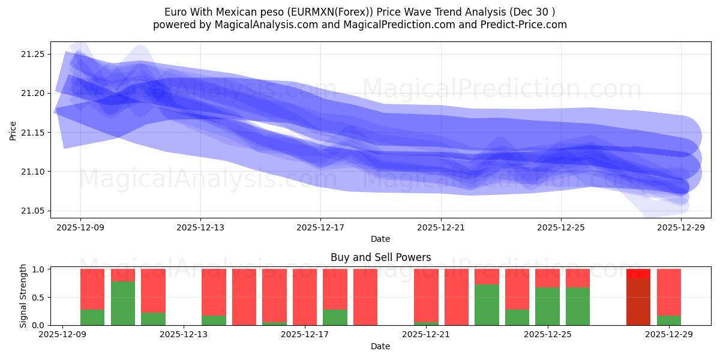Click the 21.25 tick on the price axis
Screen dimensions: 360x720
pyautogui.click(x=35, y=54)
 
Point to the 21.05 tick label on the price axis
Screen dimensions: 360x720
pyautogui.click(x=35, y=211)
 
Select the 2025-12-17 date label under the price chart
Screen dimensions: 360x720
pyautogui.click(x=320, y=227)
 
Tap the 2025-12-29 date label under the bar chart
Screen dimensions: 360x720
pyautogui.click(x=669, y=335)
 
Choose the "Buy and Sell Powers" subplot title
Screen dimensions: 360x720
pyautogui.click(x=380, y=257)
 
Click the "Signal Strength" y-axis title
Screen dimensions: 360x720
pyautogui.click(x=23, y=296)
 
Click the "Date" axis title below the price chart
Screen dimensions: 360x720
pyautogui.click(x=380, y=239)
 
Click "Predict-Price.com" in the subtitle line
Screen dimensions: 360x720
pyautogui.click(x=518, y=25)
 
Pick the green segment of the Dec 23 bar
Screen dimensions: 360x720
pyautogui.click(x=487, y=304)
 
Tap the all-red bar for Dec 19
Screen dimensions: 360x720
pyautogui.click(x=365, y=297)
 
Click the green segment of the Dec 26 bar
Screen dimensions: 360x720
pyautogui.click(x=578, y=306)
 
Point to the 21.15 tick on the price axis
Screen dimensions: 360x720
pyautogui.click(x=35, y=133)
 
